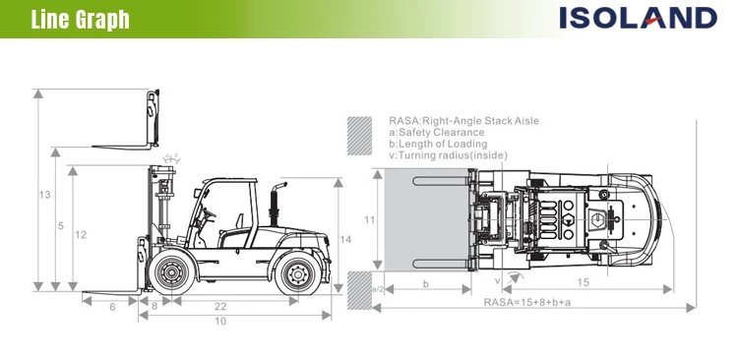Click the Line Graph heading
[80, 19]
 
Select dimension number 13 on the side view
[44, 195]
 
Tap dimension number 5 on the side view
[61, 226]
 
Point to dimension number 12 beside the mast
[81, 234]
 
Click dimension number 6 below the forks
[112, 307]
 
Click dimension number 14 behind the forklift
[344, 239]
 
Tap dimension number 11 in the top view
[369, 220]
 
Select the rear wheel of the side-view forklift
[297, 272]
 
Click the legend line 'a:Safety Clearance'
[437, 132]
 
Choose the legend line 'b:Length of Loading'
[438, 144]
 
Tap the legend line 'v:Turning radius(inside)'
[449, 155]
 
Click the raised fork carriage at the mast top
[153, 118]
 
